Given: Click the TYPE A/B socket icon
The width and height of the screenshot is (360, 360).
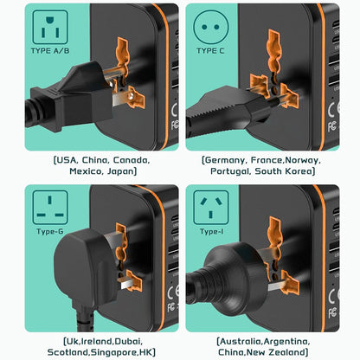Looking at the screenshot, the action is coord(50,27).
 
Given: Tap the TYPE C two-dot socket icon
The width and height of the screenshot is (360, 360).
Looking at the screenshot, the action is coord(211,27).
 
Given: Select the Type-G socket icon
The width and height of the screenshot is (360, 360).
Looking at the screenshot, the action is coord(50,208).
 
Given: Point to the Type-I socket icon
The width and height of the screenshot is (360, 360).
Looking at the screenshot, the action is coord(211,208).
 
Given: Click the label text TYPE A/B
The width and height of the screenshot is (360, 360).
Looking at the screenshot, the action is coord(50,51).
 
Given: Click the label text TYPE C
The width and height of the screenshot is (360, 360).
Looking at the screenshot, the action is coord(210,51).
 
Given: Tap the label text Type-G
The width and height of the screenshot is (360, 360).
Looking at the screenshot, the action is coord(50,231).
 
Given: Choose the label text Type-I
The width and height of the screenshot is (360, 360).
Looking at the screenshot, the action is coord(211,231).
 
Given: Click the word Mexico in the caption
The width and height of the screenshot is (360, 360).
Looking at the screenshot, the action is coord(86,171).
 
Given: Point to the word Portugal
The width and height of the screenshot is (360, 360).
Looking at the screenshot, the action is coord(230,171).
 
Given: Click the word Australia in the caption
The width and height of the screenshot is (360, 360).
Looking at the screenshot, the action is coord(241,342).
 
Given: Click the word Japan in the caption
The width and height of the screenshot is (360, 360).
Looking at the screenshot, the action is coord(120,171).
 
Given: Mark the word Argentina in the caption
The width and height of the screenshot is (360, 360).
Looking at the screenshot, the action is coord(286,342).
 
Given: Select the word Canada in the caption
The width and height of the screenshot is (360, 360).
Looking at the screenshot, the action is coord(132,160).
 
